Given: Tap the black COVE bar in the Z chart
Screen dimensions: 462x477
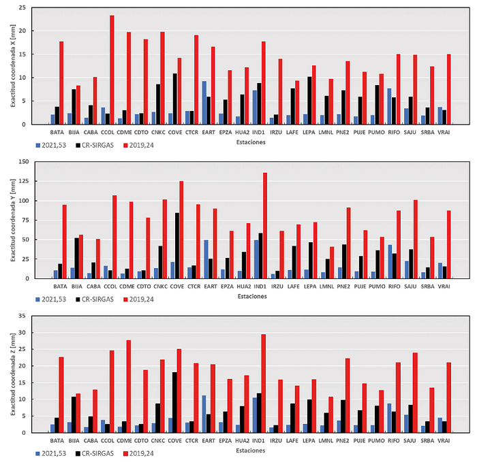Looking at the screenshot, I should [175, 402].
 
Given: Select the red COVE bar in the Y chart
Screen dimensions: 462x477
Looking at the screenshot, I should [181, 230].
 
